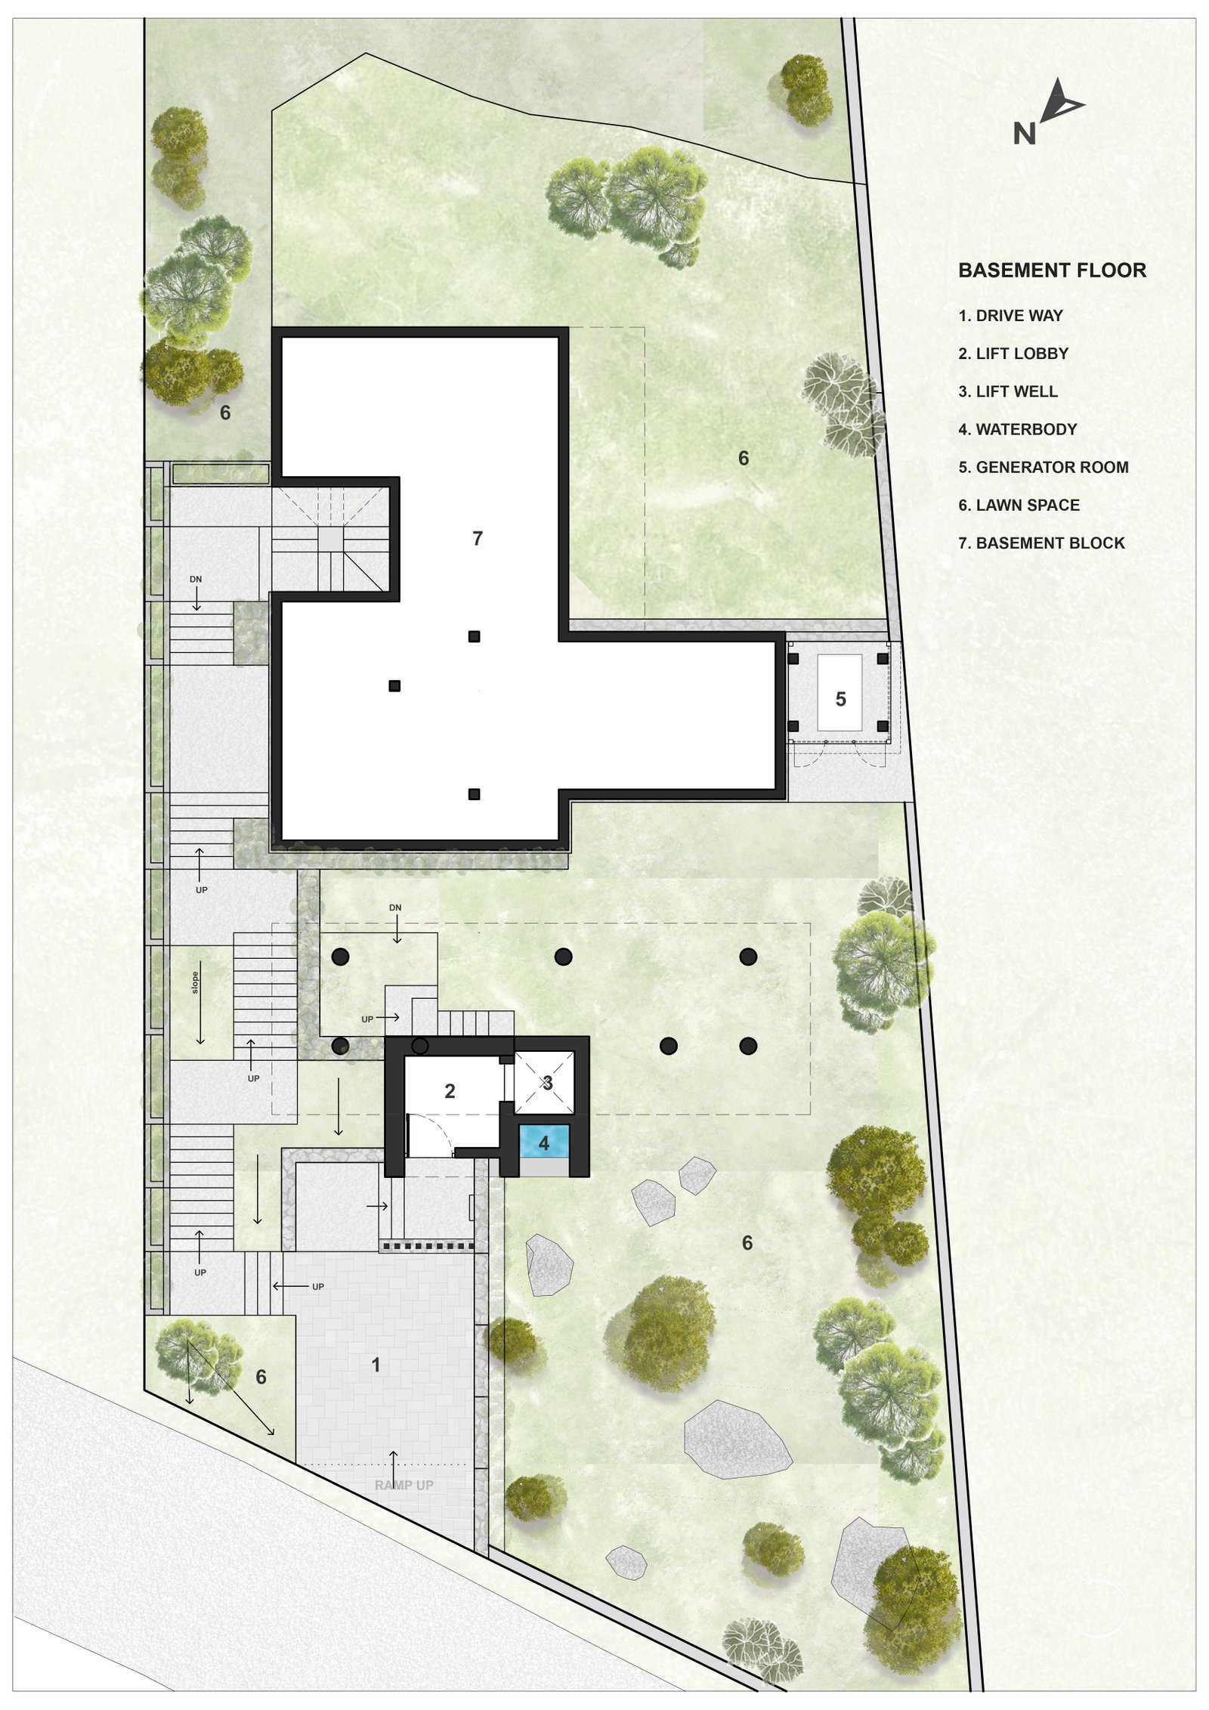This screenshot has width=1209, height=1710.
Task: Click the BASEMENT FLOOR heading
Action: click(x=1052, y=270)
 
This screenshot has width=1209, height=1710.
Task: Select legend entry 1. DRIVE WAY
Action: click(x=1010, y=315)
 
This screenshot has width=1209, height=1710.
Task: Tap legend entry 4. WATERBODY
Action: click(x=1017, y=429)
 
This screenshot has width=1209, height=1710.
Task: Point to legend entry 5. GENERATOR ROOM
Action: click(x=1043, y=467)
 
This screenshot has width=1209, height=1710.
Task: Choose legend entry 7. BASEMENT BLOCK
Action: click(x=1041, y=543)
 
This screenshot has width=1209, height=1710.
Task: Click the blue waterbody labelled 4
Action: click(x=543, y=1143)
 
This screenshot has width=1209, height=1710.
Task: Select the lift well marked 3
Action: click(x=544, y=1083)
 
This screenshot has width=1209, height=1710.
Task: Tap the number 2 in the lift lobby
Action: click(x=450, y=1091)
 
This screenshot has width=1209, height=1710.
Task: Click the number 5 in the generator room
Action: click(x=840, y=699)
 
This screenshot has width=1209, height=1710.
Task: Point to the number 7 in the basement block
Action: click(x=477, y=538)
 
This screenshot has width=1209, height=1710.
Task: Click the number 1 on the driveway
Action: click(x=376, y=1365)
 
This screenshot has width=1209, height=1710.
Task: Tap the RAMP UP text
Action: click(x=404, y=1485)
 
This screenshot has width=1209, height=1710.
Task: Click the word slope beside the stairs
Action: click(x=195, y=982)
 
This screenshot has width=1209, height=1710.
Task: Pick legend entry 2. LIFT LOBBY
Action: click(x=1013, y=354)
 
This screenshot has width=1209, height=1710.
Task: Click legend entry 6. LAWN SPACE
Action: click(x=1019, y=505)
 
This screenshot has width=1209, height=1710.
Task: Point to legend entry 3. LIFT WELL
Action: click(x=1008, y=391)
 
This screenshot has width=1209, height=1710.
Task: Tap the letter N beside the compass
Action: click(x=1024, y=134)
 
